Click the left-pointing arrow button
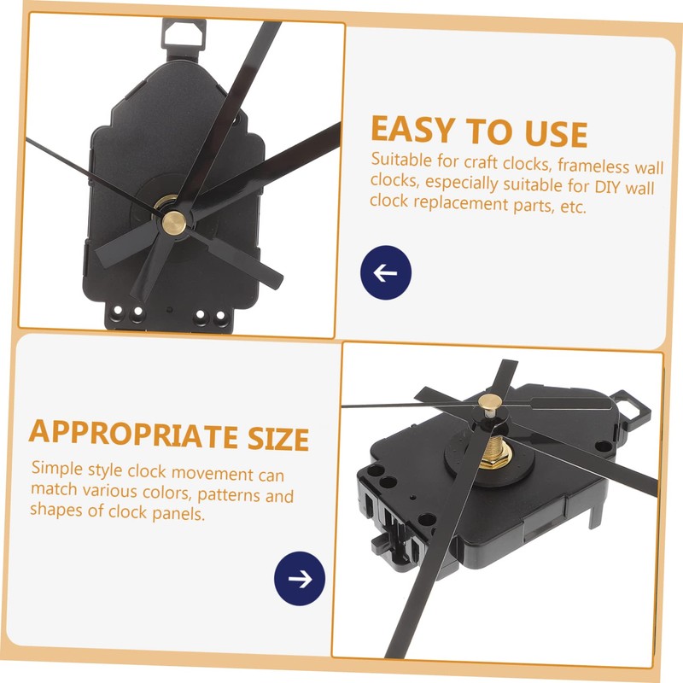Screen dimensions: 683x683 [386, 273]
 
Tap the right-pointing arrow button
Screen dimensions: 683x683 [300, 578]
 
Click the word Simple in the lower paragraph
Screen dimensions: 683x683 [56, 469]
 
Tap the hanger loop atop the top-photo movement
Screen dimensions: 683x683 [184, 32]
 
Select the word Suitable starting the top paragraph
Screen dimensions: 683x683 [400, 161]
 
